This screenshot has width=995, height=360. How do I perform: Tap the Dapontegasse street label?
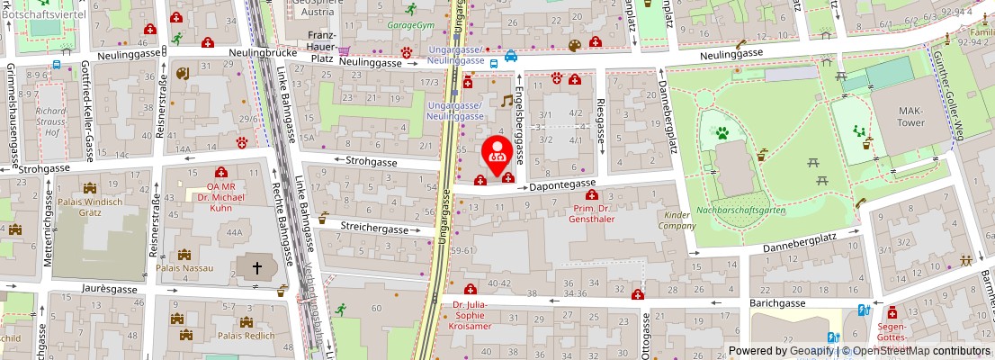tap(562, 184)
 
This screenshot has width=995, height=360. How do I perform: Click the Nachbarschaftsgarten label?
tap(741, 211)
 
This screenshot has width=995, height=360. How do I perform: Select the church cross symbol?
tap(255, 267)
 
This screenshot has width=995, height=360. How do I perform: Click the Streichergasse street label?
tap(377, 229)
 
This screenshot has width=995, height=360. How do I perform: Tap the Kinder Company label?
tap(677, 220)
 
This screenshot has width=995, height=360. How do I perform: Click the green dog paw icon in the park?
tap(722, 133)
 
